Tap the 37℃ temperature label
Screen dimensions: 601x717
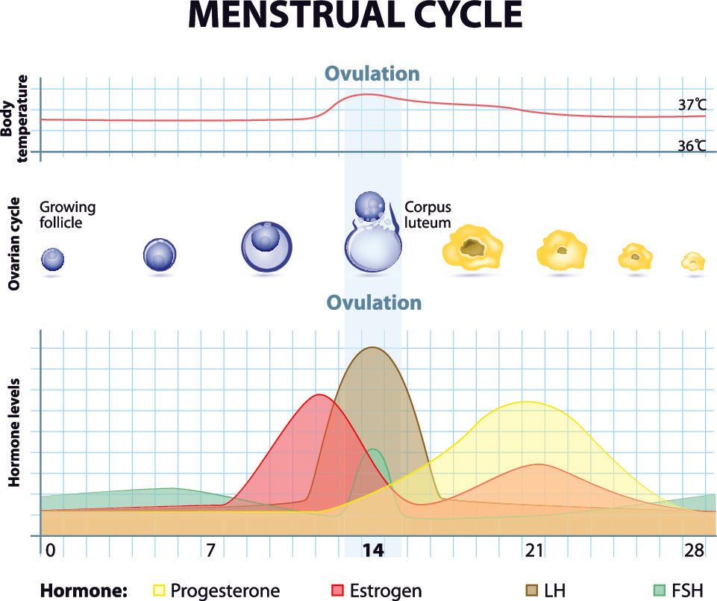692,105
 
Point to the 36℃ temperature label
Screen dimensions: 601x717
692,146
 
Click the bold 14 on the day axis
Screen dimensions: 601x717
372,551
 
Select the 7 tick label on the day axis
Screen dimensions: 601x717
211,551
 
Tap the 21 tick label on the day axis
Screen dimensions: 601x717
533,551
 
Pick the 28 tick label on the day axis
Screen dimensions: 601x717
695,551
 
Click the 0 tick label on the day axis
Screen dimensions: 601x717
50,551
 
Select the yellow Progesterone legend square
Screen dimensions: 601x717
159,591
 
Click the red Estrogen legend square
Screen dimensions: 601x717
336,591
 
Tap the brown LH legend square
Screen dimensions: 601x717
532,591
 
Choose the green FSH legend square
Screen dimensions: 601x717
659,591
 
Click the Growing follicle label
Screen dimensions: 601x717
67,214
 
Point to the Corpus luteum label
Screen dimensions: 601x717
428,214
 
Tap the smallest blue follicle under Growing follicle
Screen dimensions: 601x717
52,259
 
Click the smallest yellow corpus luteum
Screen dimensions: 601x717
693,261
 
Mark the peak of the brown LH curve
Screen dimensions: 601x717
372,347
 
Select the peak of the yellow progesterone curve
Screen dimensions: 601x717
527,402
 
